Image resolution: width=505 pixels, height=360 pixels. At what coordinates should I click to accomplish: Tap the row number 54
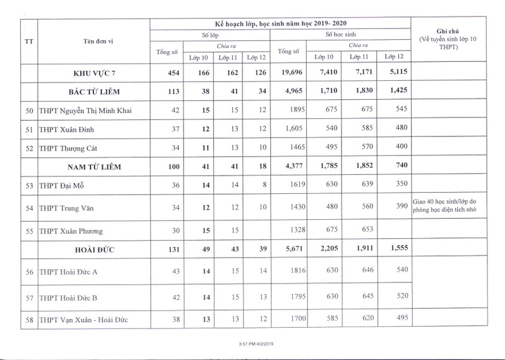[29, 207]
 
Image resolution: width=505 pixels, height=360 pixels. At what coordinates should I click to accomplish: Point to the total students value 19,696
[292, 73]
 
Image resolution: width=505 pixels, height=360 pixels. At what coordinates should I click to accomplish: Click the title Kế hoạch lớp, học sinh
[280, 23]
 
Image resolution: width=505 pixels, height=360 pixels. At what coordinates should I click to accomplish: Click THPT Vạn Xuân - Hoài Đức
[83, 320]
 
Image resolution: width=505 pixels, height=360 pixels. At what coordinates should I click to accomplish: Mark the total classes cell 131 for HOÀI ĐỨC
[171, 249]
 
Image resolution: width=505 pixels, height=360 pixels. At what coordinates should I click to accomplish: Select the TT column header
[29, 42]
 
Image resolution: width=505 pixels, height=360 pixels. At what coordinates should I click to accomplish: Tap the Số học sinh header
[342, 35]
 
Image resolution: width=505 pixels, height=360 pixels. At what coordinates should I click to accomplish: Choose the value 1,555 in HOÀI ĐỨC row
[397, 249]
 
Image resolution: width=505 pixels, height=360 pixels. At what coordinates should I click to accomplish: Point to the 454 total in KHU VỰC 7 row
[171, 73]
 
